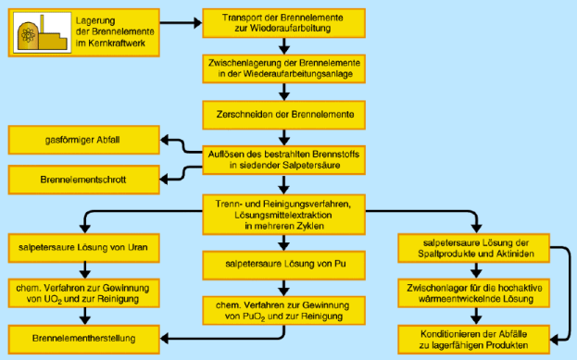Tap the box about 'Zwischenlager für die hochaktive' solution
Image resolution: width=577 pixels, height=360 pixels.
[474, 293]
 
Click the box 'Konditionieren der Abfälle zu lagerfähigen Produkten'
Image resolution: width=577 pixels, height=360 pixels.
[474, 339]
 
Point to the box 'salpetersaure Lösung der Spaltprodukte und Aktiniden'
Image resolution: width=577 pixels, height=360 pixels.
[474, 248]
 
